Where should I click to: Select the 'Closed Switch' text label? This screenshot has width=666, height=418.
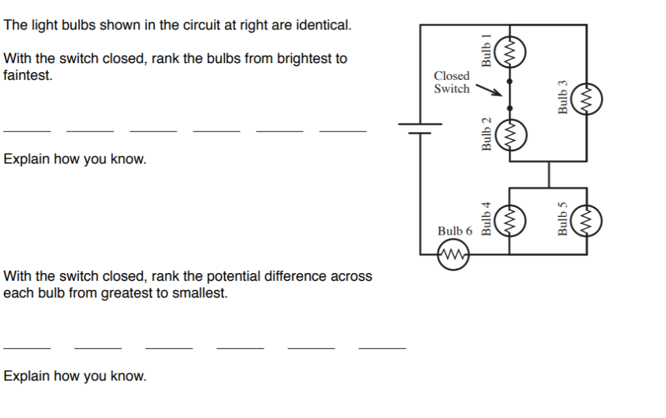click(x=451, y=83)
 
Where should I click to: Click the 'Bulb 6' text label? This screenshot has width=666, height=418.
click(x=455, y=231)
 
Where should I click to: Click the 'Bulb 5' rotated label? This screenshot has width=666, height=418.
click(x=563, y=218)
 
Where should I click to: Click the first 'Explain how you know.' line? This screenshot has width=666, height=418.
click(x=75, y=159)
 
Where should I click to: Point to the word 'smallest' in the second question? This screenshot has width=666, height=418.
click(x=203, y=293)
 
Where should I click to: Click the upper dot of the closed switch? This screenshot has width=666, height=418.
click(x=509, y=82)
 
